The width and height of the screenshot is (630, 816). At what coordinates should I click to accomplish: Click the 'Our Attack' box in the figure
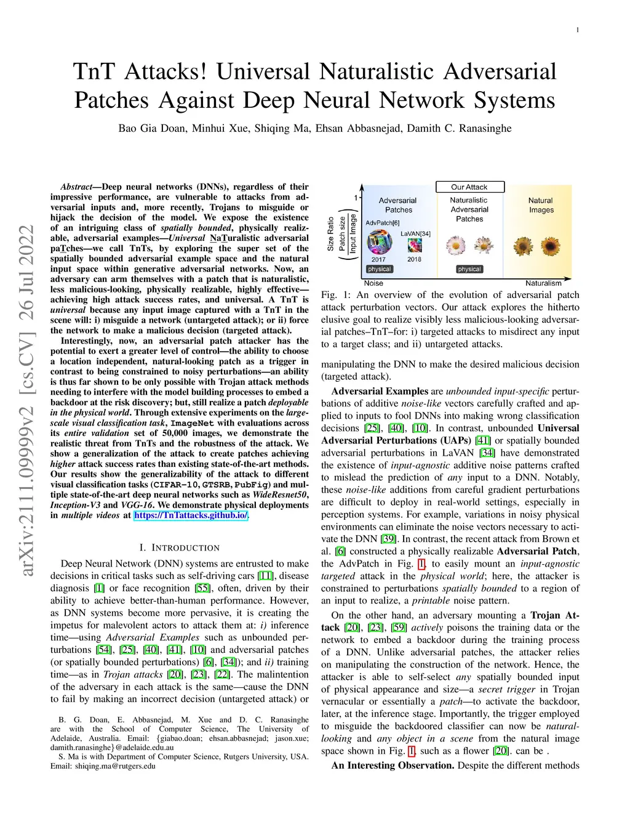469,187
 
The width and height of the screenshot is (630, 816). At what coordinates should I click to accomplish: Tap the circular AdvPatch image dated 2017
379,242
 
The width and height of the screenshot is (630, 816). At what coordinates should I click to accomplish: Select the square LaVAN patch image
415,245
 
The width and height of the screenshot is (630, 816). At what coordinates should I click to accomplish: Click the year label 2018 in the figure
414,259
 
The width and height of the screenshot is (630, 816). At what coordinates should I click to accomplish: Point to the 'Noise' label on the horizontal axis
373,283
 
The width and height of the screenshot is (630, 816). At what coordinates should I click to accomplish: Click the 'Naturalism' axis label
543,283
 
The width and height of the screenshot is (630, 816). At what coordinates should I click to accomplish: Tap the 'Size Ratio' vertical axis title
330,234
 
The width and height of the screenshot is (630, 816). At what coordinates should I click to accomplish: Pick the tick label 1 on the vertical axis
356,198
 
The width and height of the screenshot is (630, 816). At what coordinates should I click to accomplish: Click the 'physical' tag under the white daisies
469,269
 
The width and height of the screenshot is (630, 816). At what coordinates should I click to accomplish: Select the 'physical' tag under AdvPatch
379,269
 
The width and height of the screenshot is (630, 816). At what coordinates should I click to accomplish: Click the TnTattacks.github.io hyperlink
191,515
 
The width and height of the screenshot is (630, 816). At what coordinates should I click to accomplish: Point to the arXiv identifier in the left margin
27,400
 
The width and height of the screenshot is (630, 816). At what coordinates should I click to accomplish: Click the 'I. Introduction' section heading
179,547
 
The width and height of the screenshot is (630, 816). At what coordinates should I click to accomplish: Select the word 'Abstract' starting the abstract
76,187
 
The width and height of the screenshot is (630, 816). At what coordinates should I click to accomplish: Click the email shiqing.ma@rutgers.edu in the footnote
115,766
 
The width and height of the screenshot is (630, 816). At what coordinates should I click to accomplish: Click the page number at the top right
577,30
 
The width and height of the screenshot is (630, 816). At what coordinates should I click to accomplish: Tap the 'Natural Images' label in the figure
541,205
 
